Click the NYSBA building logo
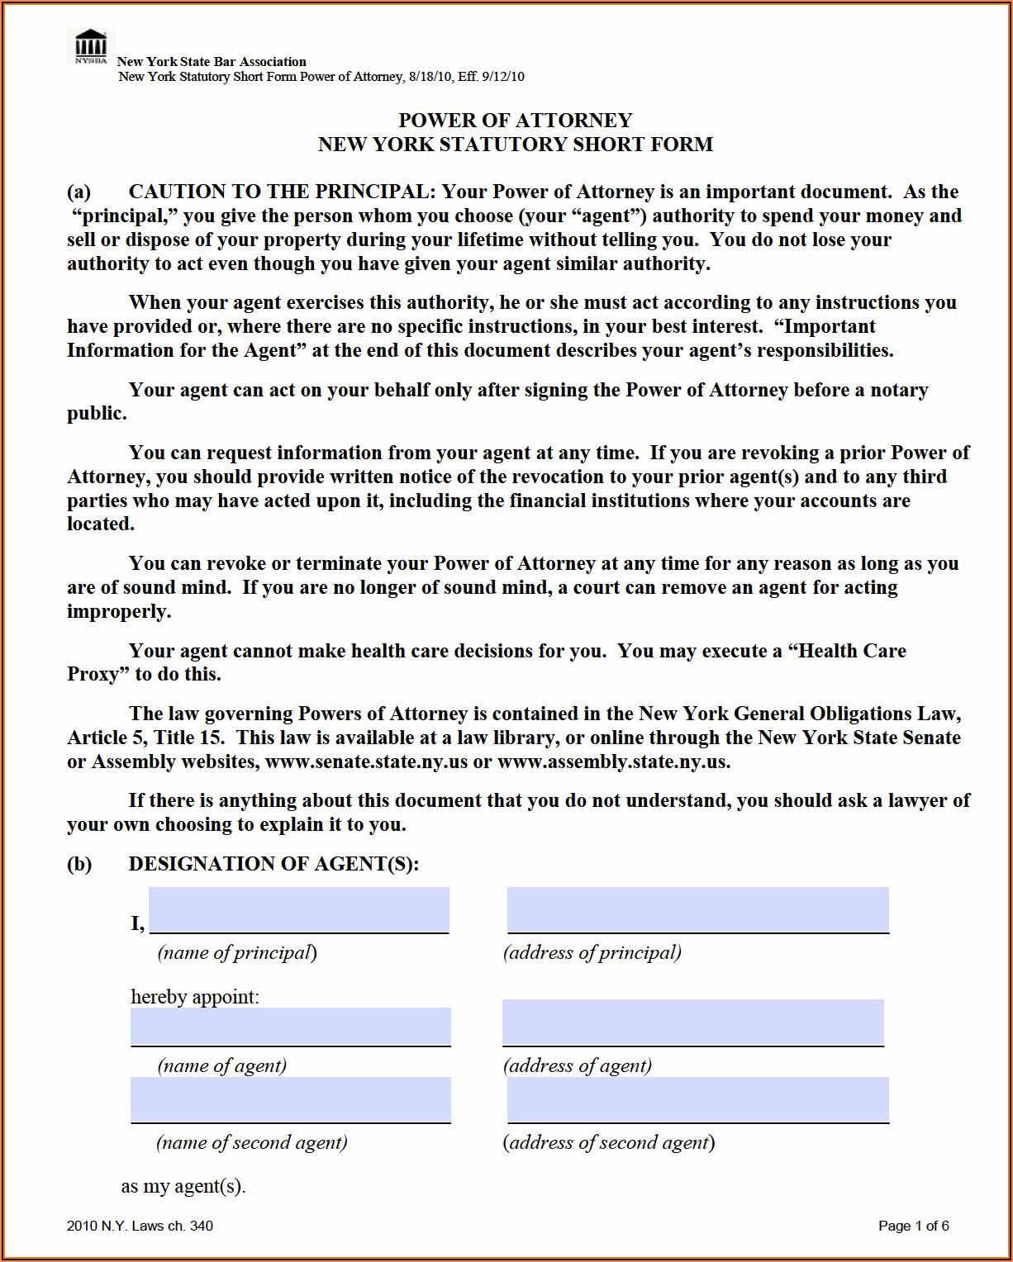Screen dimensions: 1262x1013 (x=90, y=46)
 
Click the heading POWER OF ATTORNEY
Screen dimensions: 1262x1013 (x=515, y=121)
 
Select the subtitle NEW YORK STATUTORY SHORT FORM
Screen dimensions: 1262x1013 (x=515, y=145)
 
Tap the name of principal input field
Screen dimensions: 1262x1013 (x=298, y=909)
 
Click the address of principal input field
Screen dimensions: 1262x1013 (x=697, y=909)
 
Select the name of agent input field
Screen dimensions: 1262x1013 (x=290, y=1026)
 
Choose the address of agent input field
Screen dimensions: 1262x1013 (x=692, y=1022)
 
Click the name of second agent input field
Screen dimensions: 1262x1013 (x=290, y=1099)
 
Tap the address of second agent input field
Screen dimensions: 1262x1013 (x=697, y=1099)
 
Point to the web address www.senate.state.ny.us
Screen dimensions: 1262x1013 (x=366, y=761)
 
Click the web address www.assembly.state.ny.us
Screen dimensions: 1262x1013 (x=613, y=761)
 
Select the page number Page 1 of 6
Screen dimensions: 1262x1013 (x=913, y=1226)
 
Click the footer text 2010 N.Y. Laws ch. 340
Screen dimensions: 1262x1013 (x=140, y=1226)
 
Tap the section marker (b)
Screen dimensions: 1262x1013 (x=79, y=864)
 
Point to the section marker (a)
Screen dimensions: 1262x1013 (x=78, y=192)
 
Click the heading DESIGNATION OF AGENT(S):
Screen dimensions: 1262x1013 (x=273, y=864)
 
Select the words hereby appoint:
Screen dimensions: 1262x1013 (x=195, y=997)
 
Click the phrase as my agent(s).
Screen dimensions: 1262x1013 (x=183, y=1187)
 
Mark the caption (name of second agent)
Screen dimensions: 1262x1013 (x=251, y=1142)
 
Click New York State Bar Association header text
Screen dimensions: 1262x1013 (x=212, y=62)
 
